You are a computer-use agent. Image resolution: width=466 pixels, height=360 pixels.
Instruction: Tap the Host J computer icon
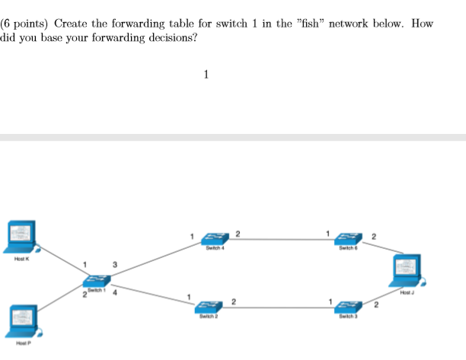pos(409,271)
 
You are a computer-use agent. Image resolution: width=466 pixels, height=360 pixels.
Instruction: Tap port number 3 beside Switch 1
pos(114,264)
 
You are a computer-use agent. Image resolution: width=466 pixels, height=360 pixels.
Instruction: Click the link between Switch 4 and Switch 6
pos(282,240)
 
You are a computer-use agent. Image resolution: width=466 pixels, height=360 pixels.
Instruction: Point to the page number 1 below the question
pos(206,75)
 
